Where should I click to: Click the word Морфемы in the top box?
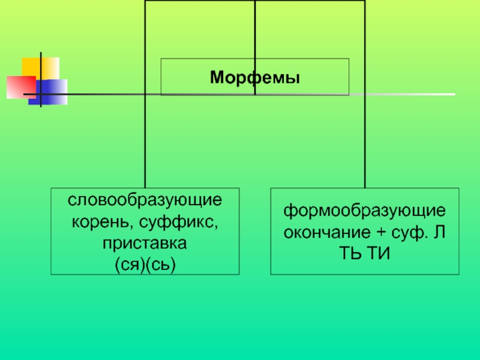(254, 77)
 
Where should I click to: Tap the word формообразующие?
(365, 211)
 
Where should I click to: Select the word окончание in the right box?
(330, 232)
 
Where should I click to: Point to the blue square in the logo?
(53, 92)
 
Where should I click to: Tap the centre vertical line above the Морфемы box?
(255, 30)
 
